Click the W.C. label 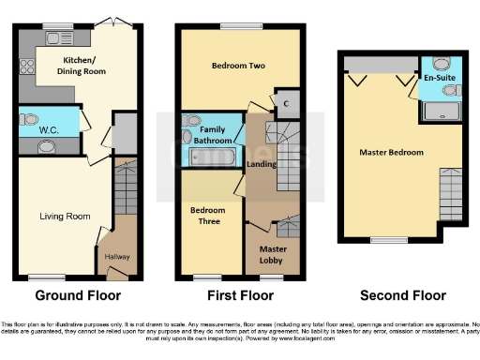point(49,132)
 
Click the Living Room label point(65,217)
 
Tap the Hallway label point(117,256)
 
